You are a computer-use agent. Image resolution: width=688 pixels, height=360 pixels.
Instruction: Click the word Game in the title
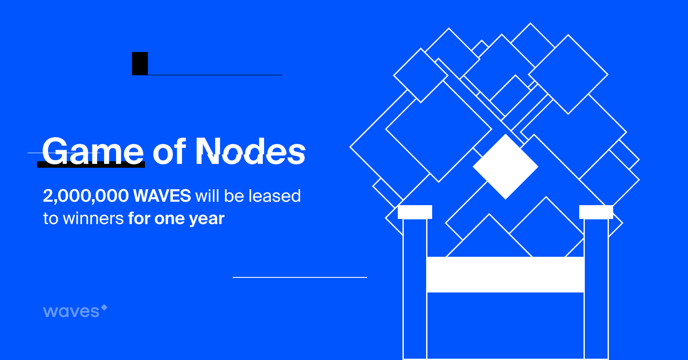click(93, 151)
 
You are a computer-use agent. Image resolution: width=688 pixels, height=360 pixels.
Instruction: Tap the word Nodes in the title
click(250, 151)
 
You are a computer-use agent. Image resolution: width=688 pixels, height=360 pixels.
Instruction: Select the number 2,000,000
click(86, 196)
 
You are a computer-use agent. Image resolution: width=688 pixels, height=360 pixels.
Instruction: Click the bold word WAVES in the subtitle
click(162, 196)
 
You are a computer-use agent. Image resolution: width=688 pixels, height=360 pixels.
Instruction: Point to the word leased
click(275, 196)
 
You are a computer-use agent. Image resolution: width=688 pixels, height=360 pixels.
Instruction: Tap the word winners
click(93, 218)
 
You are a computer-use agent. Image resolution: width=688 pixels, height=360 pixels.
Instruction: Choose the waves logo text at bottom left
click(71, 311)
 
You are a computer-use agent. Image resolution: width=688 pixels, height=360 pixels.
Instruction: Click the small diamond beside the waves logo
click(104, 307)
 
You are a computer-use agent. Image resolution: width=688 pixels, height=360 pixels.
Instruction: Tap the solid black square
click(140, 64)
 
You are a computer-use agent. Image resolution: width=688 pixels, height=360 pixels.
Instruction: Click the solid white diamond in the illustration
click(506, 166)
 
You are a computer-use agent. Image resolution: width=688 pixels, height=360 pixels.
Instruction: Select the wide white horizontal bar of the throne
click(505, 274)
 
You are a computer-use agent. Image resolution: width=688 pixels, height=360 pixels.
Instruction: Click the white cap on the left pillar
click(415, 212)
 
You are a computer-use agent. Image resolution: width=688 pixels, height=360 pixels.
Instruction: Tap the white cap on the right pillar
click(596, 212)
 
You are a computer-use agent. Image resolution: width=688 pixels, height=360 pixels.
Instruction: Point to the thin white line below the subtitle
click(300, 277)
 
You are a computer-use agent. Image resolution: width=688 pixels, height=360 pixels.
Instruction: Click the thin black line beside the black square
click(215, 75)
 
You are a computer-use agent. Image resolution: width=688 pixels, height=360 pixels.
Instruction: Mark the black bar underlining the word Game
click(91, 165)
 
